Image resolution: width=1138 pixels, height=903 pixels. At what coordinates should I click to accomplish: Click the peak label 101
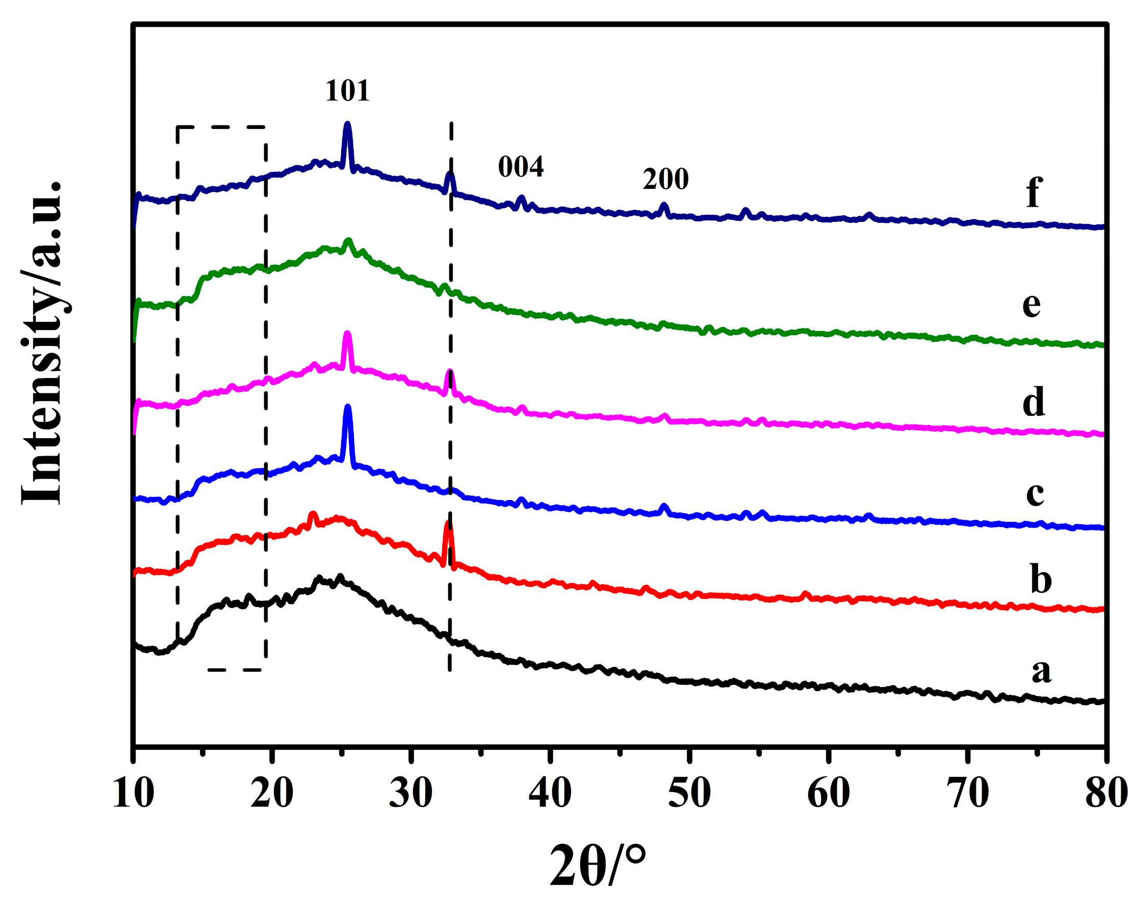(347, 91)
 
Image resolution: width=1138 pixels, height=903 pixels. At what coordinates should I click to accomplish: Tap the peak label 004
(521, 167)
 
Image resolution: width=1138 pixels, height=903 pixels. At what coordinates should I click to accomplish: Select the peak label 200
(665, 179)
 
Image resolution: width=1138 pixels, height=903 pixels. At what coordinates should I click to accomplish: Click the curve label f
(1033, 192)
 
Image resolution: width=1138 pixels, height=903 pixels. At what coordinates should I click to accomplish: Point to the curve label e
(1031, 305)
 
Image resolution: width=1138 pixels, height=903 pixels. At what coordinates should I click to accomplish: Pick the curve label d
(1033, 402)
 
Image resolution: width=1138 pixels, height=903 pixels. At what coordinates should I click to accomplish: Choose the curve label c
(1034, 493)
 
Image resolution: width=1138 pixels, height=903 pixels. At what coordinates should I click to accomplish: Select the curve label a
(1042, 671)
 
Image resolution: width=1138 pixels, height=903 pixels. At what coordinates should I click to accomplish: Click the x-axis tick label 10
(134, 792)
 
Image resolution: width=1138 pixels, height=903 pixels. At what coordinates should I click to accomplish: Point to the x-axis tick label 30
(410, 792)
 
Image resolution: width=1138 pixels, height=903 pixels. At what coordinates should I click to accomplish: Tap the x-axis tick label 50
(689, 792)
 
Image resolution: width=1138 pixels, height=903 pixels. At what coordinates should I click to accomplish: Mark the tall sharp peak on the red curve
(448, 525)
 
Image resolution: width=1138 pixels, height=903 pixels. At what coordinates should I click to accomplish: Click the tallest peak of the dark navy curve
(347, 125)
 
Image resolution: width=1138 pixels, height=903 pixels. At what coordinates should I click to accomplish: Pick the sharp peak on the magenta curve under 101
(347, 334)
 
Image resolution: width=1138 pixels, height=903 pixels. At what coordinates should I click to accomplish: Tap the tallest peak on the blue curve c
(347, 408)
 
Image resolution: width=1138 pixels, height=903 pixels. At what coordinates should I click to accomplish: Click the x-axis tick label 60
(828, 792)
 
